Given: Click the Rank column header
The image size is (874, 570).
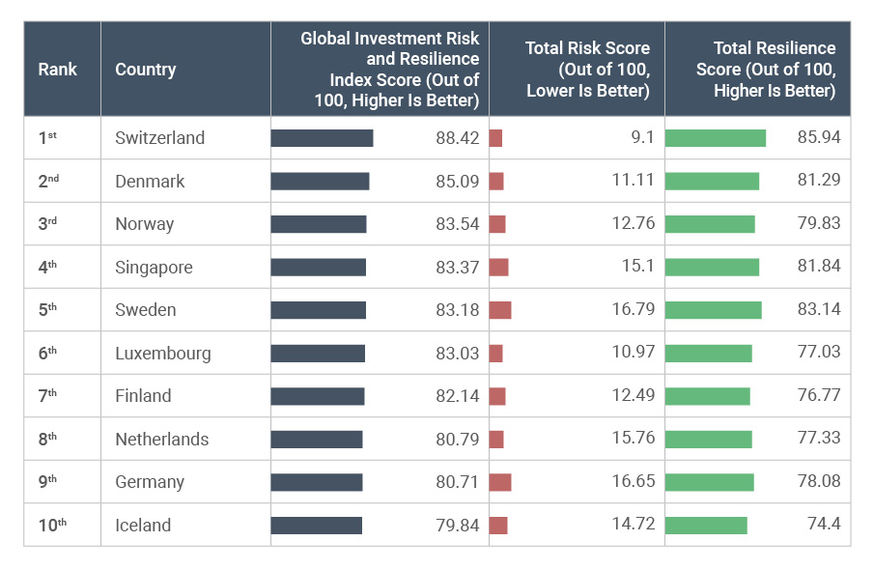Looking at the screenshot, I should pos(57,70).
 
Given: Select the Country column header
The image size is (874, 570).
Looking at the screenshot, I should pos(145,70).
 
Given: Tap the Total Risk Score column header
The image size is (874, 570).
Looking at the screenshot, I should pos(587,70).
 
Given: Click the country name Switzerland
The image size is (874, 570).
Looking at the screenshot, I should pos(159,138).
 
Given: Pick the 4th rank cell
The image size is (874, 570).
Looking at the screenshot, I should pos(48,268).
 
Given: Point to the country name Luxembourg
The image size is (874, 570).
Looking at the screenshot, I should pos(162,354).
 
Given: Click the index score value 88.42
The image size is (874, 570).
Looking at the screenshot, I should pos(457,138).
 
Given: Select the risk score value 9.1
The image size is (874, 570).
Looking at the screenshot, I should pos(642,138).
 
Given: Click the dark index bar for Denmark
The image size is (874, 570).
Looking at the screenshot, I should pos(320,182).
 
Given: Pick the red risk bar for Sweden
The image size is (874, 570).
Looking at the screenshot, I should pos(500,310).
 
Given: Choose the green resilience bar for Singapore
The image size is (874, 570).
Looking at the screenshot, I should pos(712,268).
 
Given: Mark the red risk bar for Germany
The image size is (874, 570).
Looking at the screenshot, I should pos(500,482).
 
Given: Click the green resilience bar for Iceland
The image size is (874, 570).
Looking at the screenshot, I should pos(706,526).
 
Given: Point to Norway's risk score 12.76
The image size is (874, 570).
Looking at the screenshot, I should pos(633,224).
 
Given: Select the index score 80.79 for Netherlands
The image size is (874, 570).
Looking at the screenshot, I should pos(457,440).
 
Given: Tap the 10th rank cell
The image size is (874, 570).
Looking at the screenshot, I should pos(52,526).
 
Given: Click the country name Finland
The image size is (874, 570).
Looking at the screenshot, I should pos(143,396).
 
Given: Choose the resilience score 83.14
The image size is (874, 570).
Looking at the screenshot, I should pos(819,310).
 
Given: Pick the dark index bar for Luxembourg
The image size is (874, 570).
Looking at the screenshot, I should pos(318,354).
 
